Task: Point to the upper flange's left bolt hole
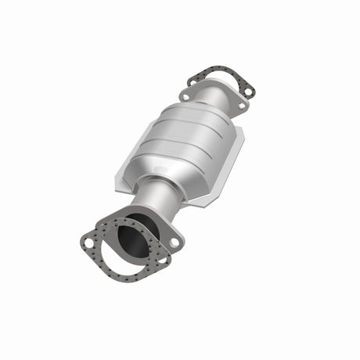[x=186, y=95]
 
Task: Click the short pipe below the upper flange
[x=211, y=97]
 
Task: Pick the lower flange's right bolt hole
[x=174, y=243]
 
